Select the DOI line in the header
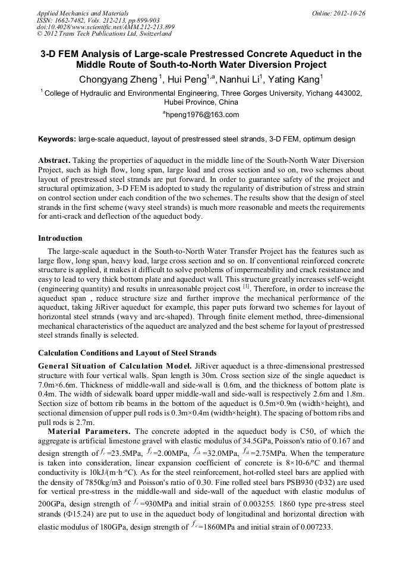point(106,27)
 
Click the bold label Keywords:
point(57,139)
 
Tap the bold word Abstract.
point(55,160)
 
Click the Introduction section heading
point(60,238)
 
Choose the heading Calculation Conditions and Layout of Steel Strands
point(127,353)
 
